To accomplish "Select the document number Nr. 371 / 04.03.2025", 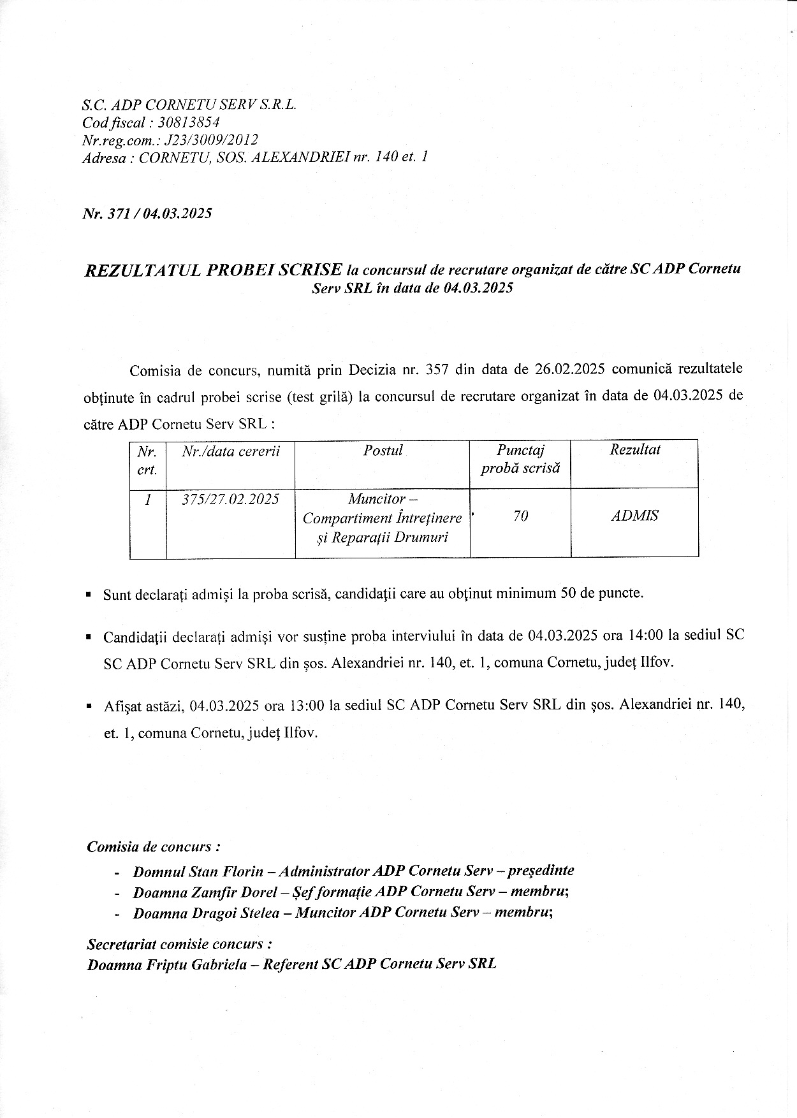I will pos(147,213).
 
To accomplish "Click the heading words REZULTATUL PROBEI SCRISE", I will pos(214,270).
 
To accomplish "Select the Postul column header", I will pos(383,451).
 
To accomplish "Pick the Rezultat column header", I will pos(634,449).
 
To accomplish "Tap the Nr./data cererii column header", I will pos(230,451).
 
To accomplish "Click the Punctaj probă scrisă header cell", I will pos(520,459).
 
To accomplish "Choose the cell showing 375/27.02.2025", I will pos(230,499).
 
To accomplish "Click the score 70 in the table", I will pos(520,516).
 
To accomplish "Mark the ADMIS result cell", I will pos(634,516).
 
